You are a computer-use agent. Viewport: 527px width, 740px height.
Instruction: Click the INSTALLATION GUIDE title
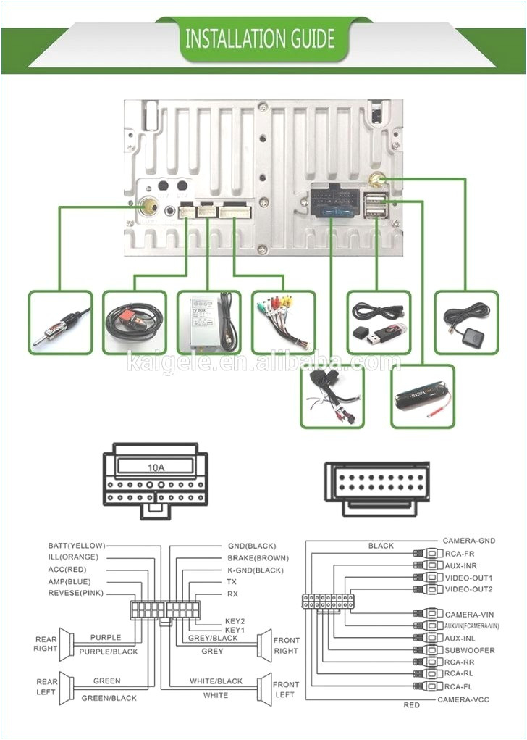pyautogui.click(x=260, y=38)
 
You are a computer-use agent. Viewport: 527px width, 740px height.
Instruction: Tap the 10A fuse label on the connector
pyautogui.click(x=156, y=467)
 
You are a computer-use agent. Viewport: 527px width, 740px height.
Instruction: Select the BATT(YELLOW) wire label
pyautogui.click(x=77, y=545)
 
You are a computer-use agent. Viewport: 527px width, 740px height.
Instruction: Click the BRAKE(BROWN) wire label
pyautogui.click(x=258, y=558)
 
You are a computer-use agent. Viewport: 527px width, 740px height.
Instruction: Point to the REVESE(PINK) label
pyautogui.click(x=76, y=593)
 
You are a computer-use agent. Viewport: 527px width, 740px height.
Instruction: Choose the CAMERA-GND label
pyautogui.click(x=470, y=541)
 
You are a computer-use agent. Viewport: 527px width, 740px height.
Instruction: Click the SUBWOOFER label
pyautogui.click(x=470, y=650)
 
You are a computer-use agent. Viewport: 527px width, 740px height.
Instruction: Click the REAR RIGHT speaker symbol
pyautogui.click(x=67, y=644)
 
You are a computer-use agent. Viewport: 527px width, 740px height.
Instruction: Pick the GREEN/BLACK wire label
pyautogui.click(x=109, y=698)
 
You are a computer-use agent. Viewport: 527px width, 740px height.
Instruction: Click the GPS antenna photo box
pyautogui.click(x=466, y=322)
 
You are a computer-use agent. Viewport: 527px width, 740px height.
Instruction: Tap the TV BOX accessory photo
pyautogui.click(x=208, y=322)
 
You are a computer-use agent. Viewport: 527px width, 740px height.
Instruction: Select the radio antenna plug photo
pyautogui.click(x=61, y=322)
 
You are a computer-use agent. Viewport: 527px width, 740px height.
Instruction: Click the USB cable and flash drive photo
pyautogui.click(x=378, y=322)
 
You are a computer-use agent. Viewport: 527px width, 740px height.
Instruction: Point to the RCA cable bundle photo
pyautogui.click(x=283, y=322)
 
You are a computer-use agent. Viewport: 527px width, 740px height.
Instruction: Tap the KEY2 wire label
pyautogui.click(x=235, y=621)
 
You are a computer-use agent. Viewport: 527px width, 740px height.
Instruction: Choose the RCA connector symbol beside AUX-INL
pyautogui.click(x=426, y=638)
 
